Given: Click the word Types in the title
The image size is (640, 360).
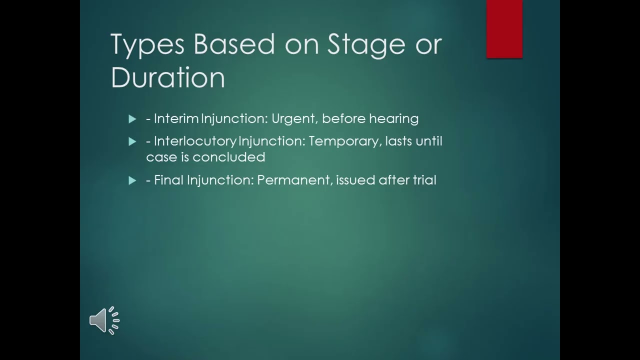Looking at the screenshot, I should pos(147,44).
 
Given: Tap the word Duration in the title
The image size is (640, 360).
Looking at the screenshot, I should pos(168,77).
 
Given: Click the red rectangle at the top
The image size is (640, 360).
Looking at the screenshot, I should pos(504,28).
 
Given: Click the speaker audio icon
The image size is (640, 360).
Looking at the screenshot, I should pos(104,320).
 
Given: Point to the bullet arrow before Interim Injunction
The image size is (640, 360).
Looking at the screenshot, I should pos(132,119).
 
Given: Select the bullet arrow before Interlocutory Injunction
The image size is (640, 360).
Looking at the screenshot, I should pos(132,141).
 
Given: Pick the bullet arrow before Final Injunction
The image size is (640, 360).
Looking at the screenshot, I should pos(132,180).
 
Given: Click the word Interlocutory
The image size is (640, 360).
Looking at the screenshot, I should pos(195,141).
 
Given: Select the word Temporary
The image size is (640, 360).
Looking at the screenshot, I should pos(344,141).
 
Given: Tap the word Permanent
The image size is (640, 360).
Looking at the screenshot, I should pos(294,180).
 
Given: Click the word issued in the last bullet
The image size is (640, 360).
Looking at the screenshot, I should pos(355,180).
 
